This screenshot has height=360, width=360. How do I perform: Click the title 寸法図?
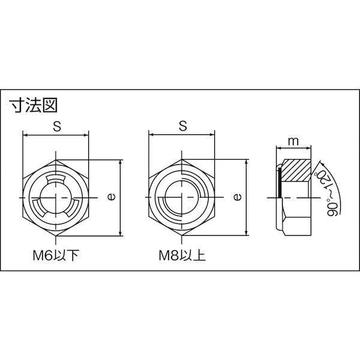[33, 106]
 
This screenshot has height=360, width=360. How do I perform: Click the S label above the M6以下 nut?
[57, 126]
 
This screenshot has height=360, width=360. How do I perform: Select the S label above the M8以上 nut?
[183, 126]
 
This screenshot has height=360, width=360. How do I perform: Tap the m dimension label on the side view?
[293, 142]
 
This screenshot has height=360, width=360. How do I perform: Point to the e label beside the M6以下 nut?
[112, 197]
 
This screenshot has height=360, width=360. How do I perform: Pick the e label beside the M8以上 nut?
[238, 197]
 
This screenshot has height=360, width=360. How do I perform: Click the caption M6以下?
[56, 256]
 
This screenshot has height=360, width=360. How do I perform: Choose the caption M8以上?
[182, 256]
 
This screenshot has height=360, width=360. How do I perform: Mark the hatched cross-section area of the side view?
[296, 170]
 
